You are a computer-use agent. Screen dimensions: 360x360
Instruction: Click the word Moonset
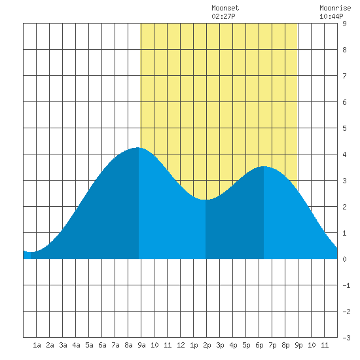[x=225, y=8]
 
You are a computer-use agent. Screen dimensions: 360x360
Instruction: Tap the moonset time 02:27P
[x=223, y=16]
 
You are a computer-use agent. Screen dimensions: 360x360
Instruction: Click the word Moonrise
[x=335, y=8]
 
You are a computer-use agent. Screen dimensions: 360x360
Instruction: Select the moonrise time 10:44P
[x=331, y=16]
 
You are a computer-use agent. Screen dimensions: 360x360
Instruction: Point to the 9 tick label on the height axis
[x=344, y=24]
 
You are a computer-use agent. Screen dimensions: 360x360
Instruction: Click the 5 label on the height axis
[x=344, y=128]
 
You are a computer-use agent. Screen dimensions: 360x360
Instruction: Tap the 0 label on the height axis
[x=344, y=259]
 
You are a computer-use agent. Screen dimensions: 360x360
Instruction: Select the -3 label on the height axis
[x=346, y=338]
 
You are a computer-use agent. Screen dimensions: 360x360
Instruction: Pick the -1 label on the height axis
[x=346, y=285]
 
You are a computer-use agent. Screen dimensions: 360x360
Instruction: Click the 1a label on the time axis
[x=37, y=345]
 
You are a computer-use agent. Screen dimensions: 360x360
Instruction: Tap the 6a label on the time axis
[x=102, y=345]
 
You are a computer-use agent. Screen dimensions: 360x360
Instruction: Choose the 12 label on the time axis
[x=181, y=345]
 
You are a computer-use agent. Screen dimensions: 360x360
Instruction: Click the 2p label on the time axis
[x=207, y=345]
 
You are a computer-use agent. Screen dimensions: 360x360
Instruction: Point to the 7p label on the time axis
[x=272, y=345]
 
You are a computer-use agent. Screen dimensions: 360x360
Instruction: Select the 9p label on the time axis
[x=298, y=345]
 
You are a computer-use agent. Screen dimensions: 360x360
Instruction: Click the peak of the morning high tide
[x=138, y=148]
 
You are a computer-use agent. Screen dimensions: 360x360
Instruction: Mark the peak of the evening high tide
[x=264, y=166]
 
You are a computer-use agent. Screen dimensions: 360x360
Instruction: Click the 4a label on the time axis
[x=76, y=345]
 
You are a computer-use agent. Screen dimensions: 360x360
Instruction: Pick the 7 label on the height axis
[x=344, y=76]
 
